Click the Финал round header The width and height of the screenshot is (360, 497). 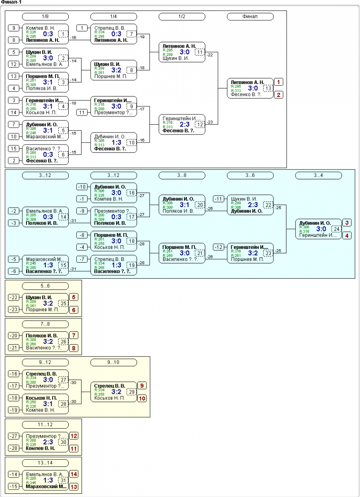(x=250, y=17)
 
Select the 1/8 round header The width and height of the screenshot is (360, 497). (x=45, y=17)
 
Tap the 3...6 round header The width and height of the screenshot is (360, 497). (x=250, y=175)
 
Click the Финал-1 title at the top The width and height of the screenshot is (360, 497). (x=12, y=2)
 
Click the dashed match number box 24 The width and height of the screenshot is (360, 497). (x=337, y=229)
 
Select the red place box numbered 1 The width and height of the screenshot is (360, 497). (x=280, y=82)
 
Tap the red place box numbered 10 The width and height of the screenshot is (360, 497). (x=142, y=398)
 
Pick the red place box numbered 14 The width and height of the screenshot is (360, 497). (x=74, y=474)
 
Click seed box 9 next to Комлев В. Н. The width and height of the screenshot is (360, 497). (x=14, y=28)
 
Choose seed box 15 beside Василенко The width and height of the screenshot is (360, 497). (x=14, y=148)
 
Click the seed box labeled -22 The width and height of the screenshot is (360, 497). (x=14, y=297)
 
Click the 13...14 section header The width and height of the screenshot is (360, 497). (x=45, y=463)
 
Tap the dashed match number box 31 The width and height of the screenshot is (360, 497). (x=63, y=480)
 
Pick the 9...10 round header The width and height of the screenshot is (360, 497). (x=113, y=362)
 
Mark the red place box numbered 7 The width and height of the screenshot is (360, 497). (x=74, y=335)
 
